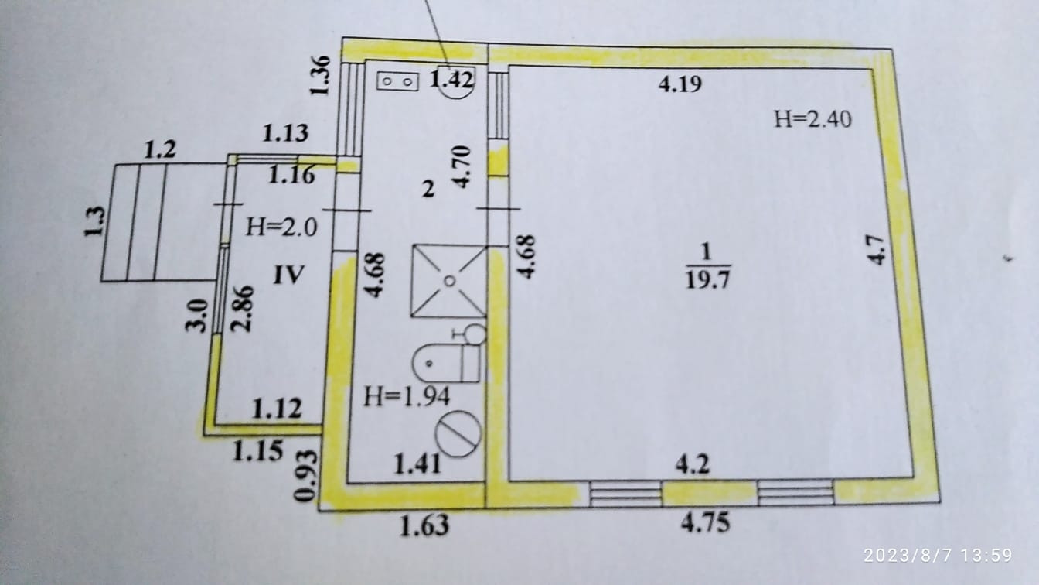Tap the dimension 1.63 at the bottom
coord(424,527)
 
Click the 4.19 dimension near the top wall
coord(680,84)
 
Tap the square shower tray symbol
coord(448,281)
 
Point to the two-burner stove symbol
coord(398,80)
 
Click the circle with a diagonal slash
coord(458,433)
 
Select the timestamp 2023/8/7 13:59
coord(948,555)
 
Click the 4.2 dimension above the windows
coord(693,466)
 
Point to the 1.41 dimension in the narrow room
coord(417,464)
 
